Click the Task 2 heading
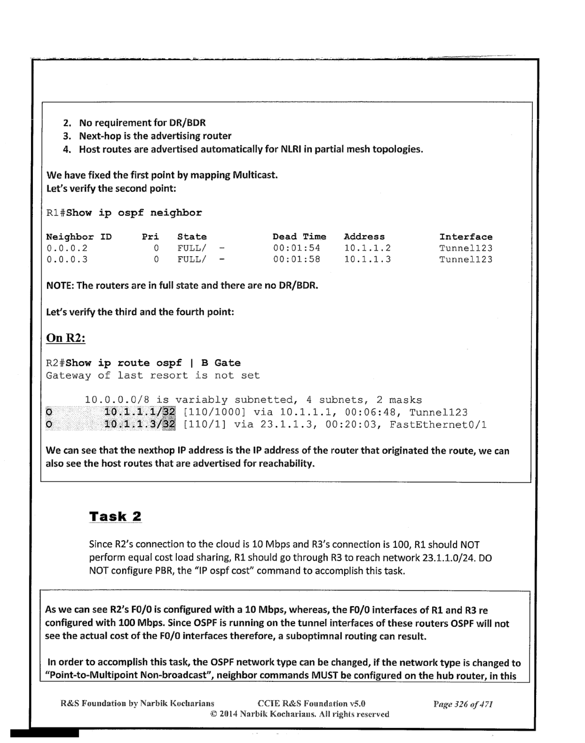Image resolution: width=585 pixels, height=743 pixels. pyautogui.click(x=115, y=516)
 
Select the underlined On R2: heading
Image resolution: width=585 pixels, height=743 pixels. pyautogui.click(x=65, y=337)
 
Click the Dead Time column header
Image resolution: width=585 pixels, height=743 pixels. pyautogui.click(x=299, y=237)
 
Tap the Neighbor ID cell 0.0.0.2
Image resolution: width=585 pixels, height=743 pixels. pyautogui.click(x=67, y=248)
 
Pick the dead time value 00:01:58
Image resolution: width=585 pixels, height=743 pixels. pyautogui.click(x=296, y=259)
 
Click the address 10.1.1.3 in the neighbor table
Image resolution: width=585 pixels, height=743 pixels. pyautogui.click(x=367, y=259)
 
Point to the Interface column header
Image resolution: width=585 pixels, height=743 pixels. pyautogui.click(x=465, y=237)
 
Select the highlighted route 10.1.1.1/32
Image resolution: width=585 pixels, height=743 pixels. pyautogui.click(x=139, y=412)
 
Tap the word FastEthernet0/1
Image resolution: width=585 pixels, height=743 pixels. pyautogui.click(x=438, y=425)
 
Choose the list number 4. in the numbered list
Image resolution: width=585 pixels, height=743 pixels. pyautogui.click(x=67, y=149)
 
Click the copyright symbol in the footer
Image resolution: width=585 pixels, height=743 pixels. pyautogui.click(x=214, y=714)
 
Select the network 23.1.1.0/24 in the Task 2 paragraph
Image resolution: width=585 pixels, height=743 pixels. pyautogui.click(x=449, y=557)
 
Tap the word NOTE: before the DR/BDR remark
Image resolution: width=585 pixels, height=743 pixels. pyautogui.click(x=60, y=285)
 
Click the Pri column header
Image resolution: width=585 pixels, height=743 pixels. pyautogui.click(x=150, y=237)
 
